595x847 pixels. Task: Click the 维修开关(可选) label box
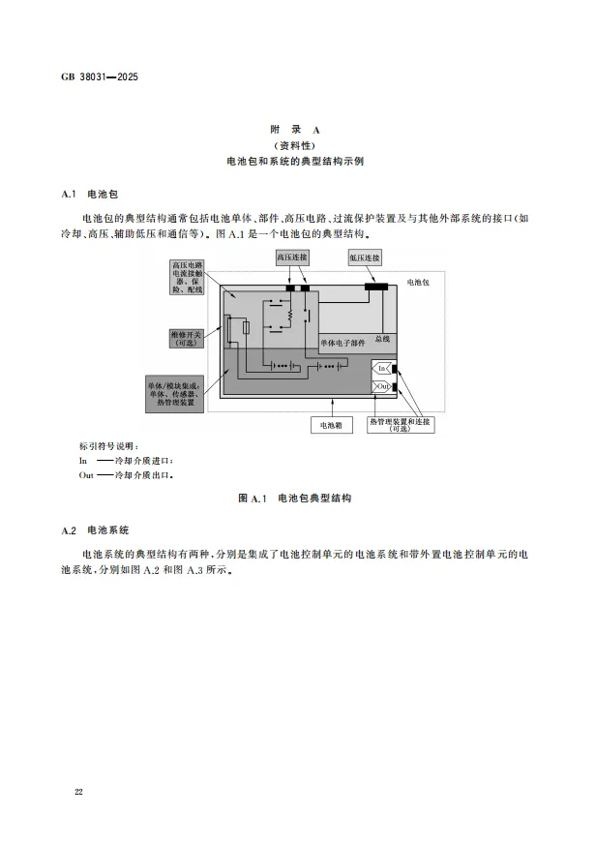187,339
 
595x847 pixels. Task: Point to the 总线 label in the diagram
383,339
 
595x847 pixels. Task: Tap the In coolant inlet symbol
383,369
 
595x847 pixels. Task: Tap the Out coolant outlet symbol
383,386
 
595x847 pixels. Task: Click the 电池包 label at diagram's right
420,282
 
